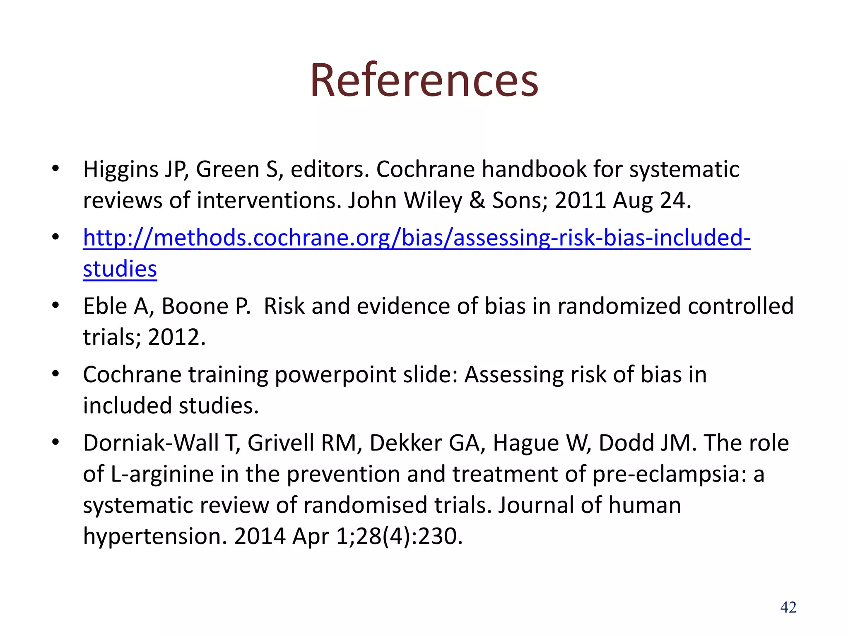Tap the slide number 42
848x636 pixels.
coord(788,607)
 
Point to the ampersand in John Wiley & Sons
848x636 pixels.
coord(477,200)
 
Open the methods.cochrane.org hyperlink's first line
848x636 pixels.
coord(417,238)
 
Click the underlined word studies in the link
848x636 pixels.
coord(120,269)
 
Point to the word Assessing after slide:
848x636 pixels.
coord(513,375)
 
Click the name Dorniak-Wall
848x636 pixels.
coord(151,443)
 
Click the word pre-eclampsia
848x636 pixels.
coord(667,474)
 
